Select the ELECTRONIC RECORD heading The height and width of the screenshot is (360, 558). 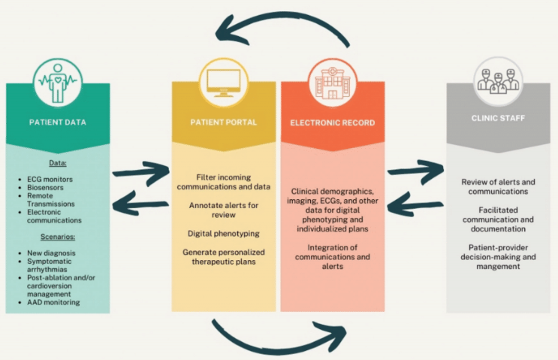coord(333,121)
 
